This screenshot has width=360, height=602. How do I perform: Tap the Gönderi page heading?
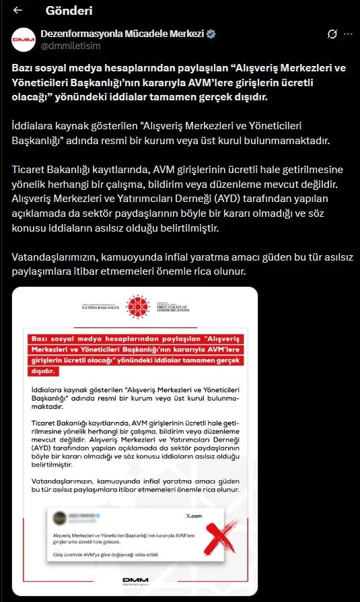coord(69,11)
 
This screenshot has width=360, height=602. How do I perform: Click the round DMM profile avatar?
coord(24,40)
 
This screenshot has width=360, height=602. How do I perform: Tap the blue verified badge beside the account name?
coord(211,34)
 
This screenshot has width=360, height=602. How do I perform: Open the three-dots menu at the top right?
coord(347,34)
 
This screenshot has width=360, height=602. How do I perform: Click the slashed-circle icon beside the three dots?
coord(332,34)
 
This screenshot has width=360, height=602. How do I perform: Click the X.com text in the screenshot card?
coord(193,515)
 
